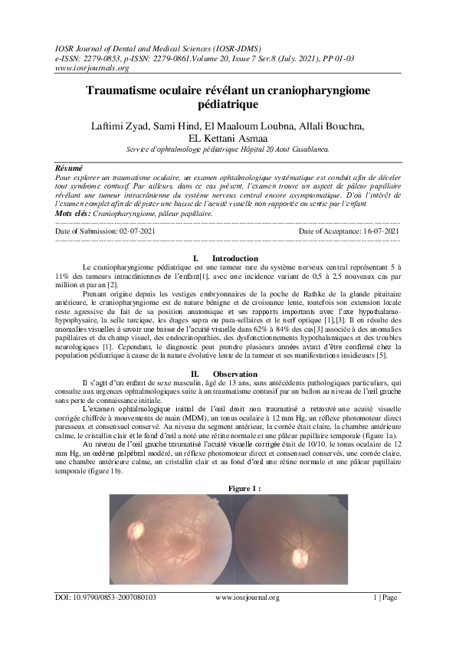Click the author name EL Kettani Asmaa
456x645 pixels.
click(228, 138)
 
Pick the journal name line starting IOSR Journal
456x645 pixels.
click(156, 47)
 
